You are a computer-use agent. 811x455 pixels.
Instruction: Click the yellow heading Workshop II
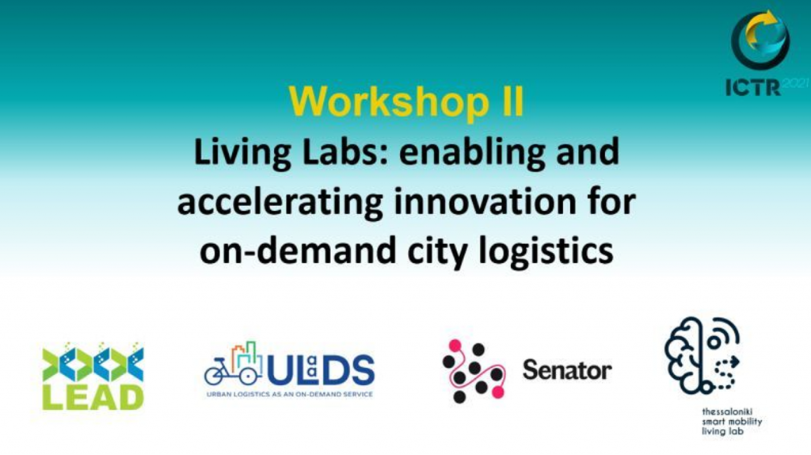pyautogui.click(x=406, y=101)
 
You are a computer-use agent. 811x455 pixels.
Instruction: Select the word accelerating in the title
pyautogui.click(x=280, y=202)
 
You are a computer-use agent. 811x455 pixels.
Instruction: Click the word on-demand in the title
pyautogui.click(x=298, y=250)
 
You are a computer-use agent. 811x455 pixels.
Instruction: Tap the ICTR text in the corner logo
pyautogui.click(x=753, y=87)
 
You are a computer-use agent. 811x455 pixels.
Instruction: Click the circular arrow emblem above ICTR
pyautogui.click(x=760, y=40)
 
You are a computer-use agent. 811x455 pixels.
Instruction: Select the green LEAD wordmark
pyautogui.click(x=93, y=398)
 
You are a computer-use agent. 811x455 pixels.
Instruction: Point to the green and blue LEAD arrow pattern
pyautogui.click(x=93, y=361)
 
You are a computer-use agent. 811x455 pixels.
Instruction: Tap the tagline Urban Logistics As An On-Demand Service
pyautogui.click(x=290, y=395)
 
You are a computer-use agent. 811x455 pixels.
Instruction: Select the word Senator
pyautogui.click(x=567, y=370)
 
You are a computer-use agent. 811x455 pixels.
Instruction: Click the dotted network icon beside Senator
pyautogui.click(x=474, y=371)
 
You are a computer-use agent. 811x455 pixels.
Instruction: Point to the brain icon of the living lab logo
pyautogui.click(x=702, y=356)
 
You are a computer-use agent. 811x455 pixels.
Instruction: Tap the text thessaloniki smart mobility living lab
pyautogui.click(x=732, y=422)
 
